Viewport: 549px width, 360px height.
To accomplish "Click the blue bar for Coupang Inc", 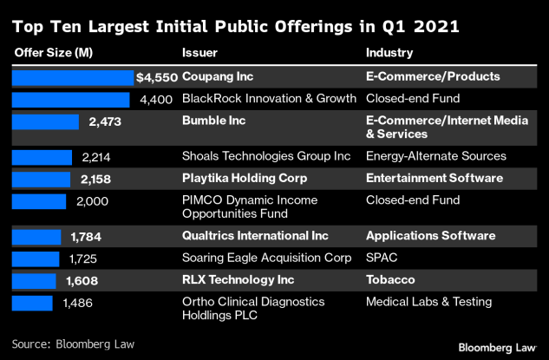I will pos(73,77).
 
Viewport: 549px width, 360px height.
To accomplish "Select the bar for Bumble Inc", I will pos(45,121).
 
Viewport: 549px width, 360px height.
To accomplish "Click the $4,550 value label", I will pos(157,77).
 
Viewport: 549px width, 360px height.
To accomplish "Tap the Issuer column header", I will pos(199,52).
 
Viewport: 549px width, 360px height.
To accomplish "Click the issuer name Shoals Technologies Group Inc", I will pos(265,156).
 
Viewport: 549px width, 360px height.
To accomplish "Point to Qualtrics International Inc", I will pos(254,236).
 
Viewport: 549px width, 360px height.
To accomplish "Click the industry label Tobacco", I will pos(389,280).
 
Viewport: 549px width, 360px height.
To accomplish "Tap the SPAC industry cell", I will pos(382,258).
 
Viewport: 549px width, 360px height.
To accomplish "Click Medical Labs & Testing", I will pos(428,302).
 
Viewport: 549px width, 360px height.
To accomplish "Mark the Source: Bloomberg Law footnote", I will pos(73,344).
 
